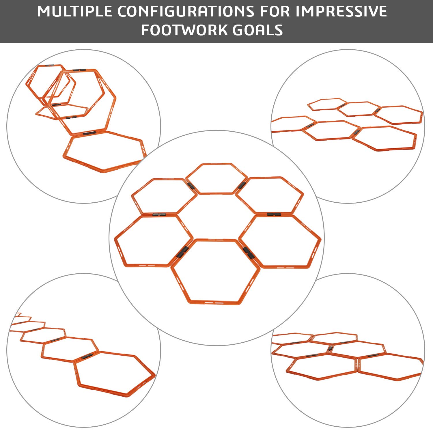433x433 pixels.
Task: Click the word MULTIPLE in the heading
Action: tap(74, 11)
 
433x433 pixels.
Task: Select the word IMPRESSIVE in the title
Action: tap(341, 11)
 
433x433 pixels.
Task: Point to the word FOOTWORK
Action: tap(184, 30)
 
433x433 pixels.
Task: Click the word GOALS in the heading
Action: tap(258, 30)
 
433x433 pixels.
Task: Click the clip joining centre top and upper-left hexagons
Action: tap(191, 186)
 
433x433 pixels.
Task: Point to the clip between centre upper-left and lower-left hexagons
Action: tap(159, 215)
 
